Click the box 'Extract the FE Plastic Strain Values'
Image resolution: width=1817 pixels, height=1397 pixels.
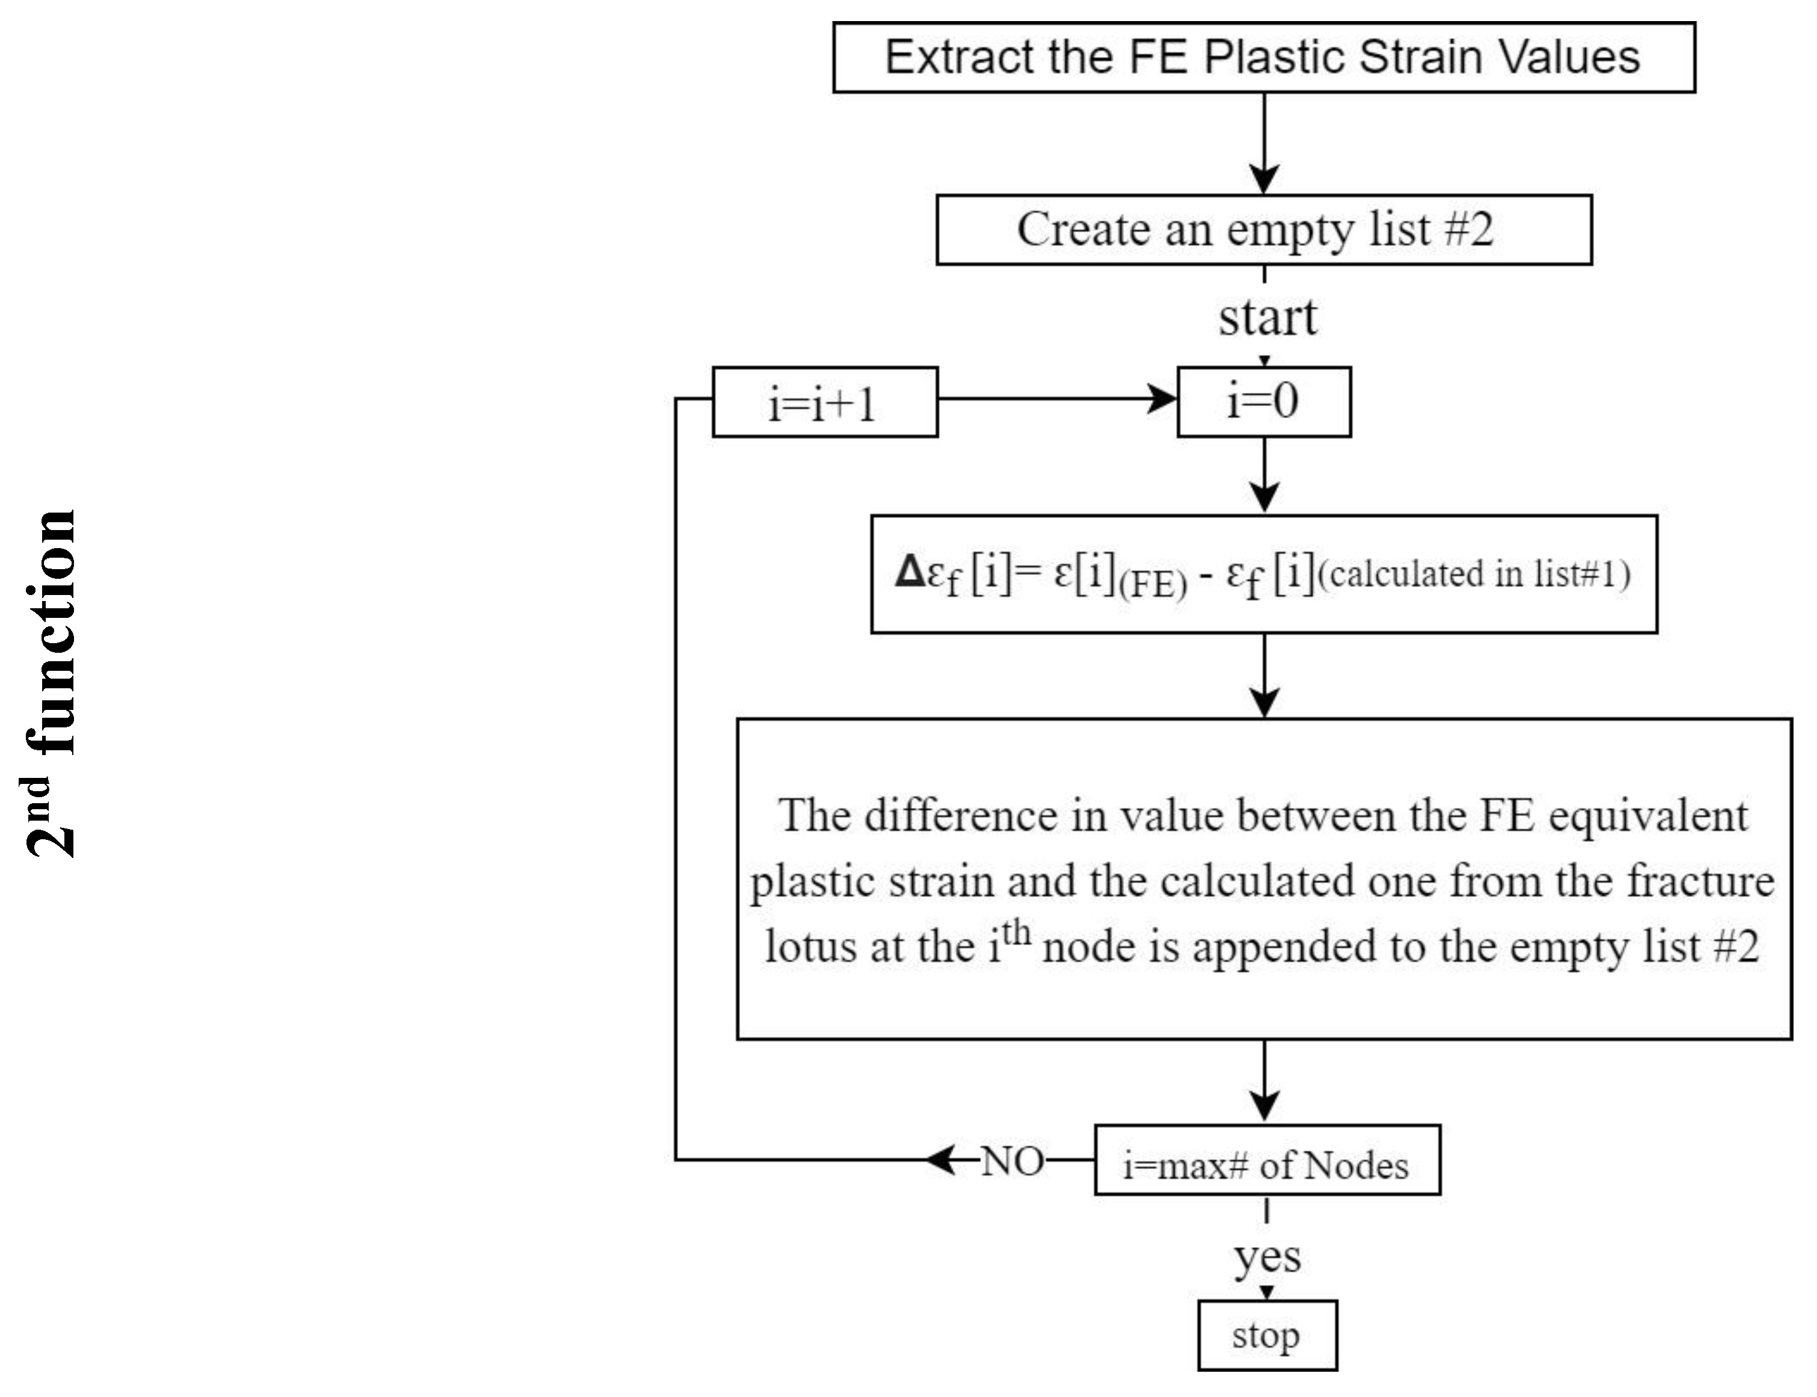(x=1262, y=57)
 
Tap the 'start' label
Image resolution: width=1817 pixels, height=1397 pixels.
(x=1266, y=318)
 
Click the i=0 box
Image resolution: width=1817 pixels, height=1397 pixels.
(x=1262, y=402)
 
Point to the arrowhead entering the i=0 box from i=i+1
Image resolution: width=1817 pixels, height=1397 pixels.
(x=1162, y=399)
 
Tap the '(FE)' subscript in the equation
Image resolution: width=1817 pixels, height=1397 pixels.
(x=1153, y=585)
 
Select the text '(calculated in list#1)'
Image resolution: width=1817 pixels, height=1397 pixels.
(x=1473, y=574)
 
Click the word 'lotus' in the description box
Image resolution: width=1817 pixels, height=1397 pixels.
(x=811, y=947)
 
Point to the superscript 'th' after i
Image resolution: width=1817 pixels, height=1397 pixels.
(x=1016, y=933)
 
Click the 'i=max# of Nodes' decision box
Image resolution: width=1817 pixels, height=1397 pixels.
(x=1266, y=1164)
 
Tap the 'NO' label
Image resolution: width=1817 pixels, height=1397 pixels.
(x=1011, y=1162)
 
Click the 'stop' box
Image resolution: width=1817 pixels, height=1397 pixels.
(x=1266, y=1336)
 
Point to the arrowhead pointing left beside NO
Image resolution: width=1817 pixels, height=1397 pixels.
(x=942, y=1159)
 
